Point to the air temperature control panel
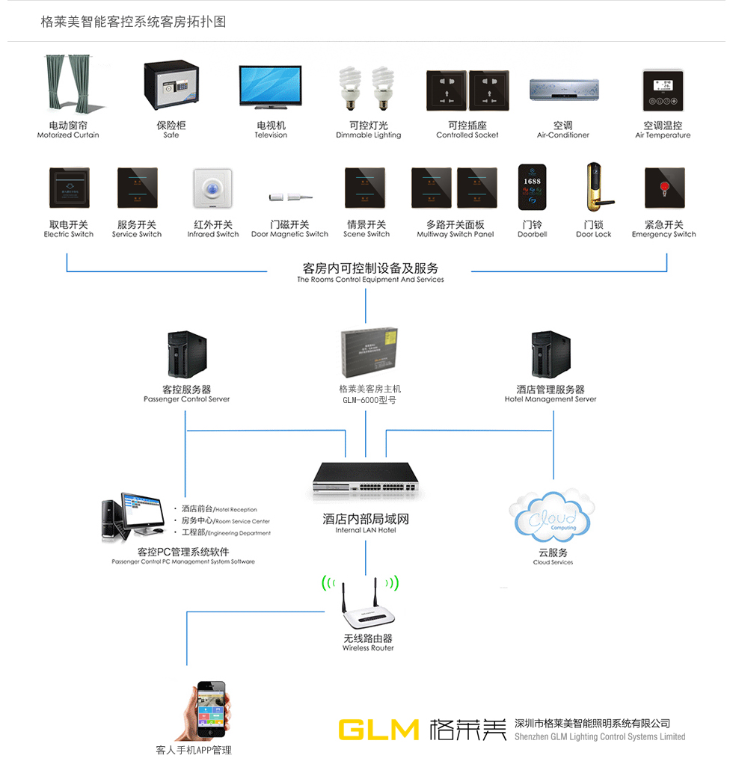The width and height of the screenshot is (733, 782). point(663,91)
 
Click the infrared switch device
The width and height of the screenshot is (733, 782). point(212,188)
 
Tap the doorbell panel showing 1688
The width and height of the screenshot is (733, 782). point(533,188)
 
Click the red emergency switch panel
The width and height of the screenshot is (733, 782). point(664,188)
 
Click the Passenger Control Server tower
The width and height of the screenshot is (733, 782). point(185,355)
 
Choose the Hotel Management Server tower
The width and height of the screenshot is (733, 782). point(550,355)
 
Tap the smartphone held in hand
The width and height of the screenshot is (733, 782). point(210,709)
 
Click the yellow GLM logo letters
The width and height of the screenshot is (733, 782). point(378,729)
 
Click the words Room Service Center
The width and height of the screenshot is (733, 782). point(242,521)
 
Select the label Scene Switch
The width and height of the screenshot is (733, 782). point(366,234)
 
